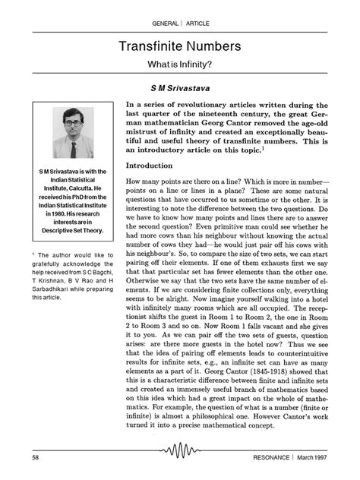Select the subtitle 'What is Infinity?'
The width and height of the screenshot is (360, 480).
[x=180, y=65]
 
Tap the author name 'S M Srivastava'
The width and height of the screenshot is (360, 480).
[x=180, y=87]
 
